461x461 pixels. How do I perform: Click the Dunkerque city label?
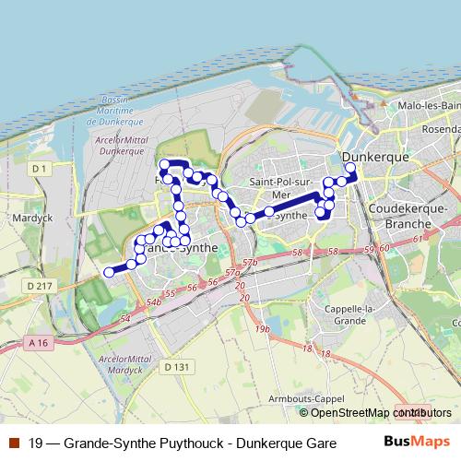coord(375,157)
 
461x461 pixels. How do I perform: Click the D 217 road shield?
coord(41,288)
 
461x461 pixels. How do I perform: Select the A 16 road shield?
coord(37,343)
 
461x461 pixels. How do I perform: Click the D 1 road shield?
coord(38,169)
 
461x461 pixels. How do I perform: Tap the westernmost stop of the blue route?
coord(108,271)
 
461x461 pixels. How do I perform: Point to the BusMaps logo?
coord(416,443)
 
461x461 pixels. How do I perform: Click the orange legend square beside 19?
coord(14,443)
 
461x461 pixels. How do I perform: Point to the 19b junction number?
coord(263,328)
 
